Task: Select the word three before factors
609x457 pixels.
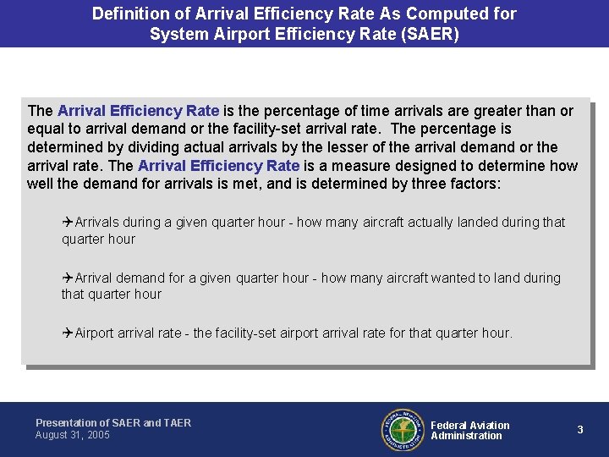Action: tap(421, 184)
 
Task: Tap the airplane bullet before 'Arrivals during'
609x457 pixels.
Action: tap(68, 223)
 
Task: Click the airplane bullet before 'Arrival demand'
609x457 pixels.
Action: tap(68, 278)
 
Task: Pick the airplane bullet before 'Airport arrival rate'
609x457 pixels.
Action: tap(68, 333)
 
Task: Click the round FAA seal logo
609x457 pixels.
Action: tap(403, 430)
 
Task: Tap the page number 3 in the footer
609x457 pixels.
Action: tap(580, 430)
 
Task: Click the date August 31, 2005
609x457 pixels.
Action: tap(73, 435)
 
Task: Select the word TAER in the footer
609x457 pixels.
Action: tap(178, 423)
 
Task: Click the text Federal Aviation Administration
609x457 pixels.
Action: tap(469, 431)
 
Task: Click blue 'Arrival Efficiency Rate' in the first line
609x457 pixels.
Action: tap(138, 111)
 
